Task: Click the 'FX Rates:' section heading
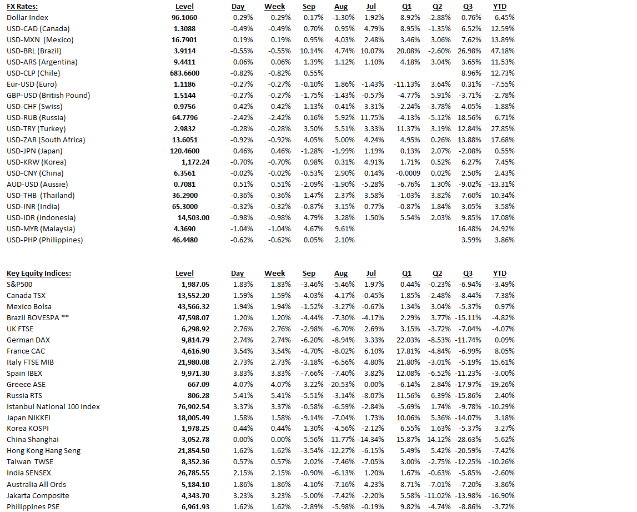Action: tap(22, 7)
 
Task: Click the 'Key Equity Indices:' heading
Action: tap(39, 274)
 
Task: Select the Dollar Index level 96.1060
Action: tap(184, 18)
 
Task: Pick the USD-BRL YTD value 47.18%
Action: tap(503, 51)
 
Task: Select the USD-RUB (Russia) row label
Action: tap(36, 118)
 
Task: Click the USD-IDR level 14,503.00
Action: tap(194, 218)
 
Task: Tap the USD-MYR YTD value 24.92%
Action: tap(503, 229)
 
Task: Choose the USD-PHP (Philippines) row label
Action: tap(44, 240)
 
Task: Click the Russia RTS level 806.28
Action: tap(198, 396)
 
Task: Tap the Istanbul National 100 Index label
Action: tap(53, 407)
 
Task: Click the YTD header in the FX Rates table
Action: tap(500, 7)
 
